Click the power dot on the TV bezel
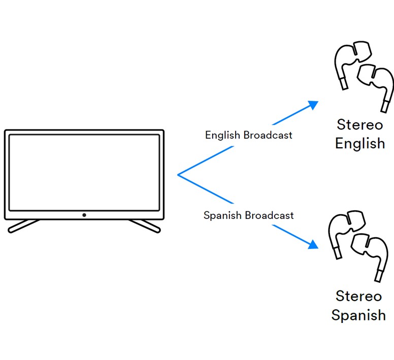84,215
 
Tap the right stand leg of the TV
145,226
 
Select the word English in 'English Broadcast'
223,136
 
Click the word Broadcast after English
268,136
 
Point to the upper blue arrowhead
313,105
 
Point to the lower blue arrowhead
313,245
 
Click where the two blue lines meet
178,175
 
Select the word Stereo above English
359,124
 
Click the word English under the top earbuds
360,143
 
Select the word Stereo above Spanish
358,296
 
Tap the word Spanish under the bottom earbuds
358,315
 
